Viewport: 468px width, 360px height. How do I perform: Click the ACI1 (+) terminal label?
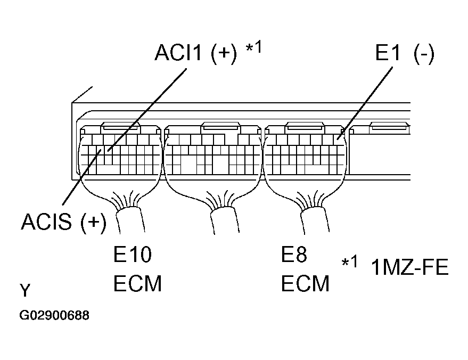196,53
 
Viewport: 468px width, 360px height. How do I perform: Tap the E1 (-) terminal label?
405,53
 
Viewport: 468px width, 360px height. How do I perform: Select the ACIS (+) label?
63,222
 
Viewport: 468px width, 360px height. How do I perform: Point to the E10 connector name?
133,255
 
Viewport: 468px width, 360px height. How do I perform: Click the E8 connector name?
294,255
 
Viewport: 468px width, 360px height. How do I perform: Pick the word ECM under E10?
137,283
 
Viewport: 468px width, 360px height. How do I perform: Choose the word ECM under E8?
305,283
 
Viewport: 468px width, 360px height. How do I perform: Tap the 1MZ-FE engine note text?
410,267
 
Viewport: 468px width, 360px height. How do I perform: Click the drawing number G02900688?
54,315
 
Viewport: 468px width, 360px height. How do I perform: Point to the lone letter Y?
25,290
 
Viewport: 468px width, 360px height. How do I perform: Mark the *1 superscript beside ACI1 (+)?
253,47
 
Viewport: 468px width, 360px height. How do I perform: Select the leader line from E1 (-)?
365,103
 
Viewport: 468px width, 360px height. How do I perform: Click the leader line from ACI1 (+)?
147,110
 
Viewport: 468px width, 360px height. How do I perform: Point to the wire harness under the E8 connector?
315,219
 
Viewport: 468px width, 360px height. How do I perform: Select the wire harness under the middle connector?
225,220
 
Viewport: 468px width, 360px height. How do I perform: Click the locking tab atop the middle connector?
220,127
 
